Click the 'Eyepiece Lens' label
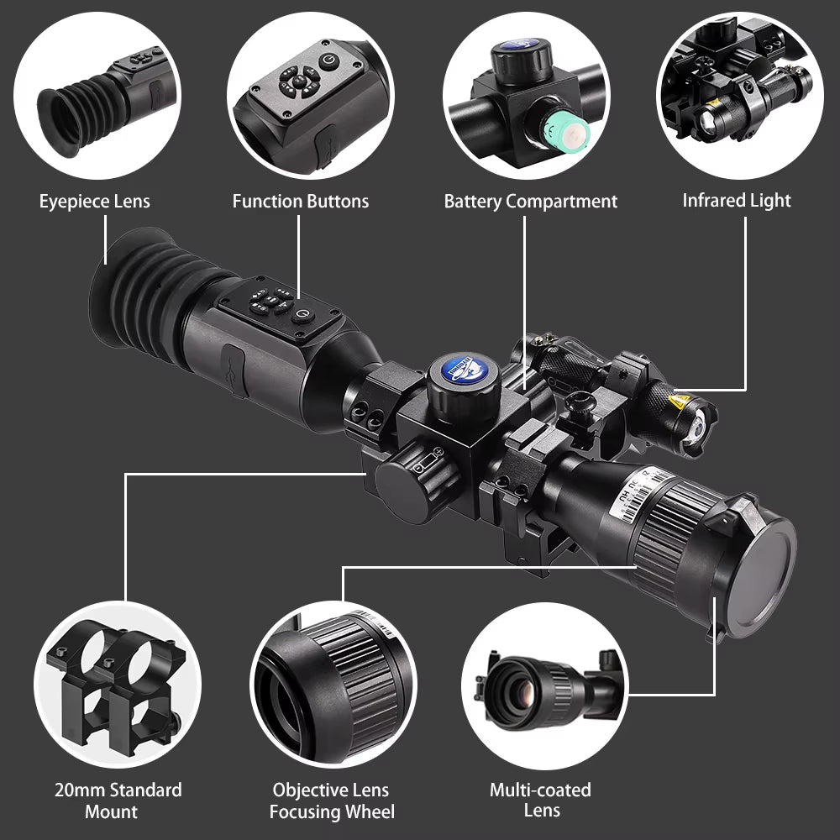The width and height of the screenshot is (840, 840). (x=94, y=202)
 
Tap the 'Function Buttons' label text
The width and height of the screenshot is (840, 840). (x=300, y=202)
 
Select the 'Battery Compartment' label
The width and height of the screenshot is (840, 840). (x=530, y=202)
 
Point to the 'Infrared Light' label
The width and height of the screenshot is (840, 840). (x=737, y=201)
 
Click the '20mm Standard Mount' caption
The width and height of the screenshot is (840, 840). (x=118, y=801)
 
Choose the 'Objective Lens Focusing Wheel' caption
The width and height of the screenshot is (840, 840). (x=332, y=801)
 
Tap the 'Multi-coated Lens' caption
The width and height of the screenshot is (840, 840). (x=540, y=800)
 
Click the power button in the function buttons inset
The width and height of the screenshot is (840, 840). (x=329, y=61)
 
